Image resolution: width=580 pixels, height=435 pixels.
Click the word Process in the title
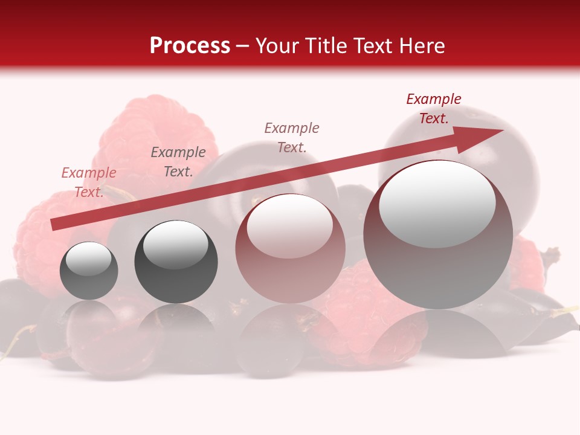[190, 46]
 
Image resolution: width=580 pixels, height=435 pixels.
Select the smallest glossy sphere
[89, 271]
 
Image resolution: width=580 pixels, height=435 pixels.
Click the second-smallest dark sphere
[176, 262]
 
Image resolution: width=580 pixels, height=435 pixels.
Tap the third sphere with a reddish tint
[290, 249]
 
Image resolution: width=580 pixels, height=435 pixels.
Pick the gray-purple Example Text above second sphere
[178, 162]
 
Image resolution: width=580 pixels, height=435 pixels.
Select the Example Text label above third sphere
[292, 137]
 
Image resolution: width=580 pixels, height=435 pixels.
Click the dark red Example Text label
[434, 109]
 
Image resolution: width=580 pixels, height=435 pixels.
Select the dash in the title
[243, 47]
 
